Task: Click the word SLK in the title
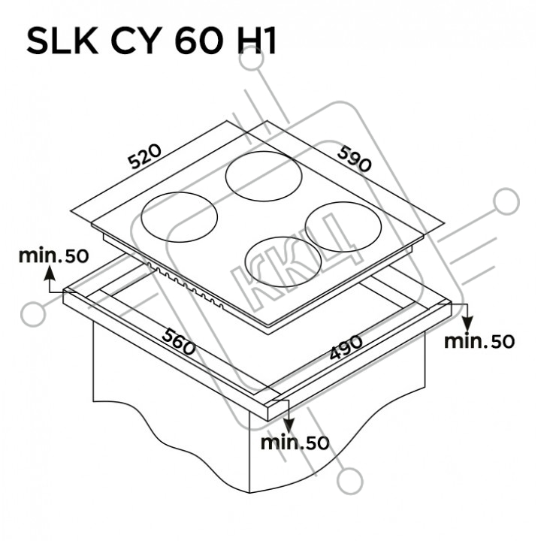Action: click(x=62, y=42)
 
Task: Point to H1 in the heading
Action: click(x=256, y=42)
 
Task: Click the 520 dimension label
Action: click(x=144, y=156)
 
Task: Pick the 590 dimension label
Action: click(x=355, y=159)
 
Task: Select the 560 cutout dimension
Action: click(x=179, y=341)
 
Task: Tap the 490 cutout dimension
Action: click(x=346, y=346)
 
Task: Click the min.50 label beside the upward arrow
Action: click(x=53, y=255)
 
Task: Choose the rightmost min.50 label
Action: click(x=479, y=341)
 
